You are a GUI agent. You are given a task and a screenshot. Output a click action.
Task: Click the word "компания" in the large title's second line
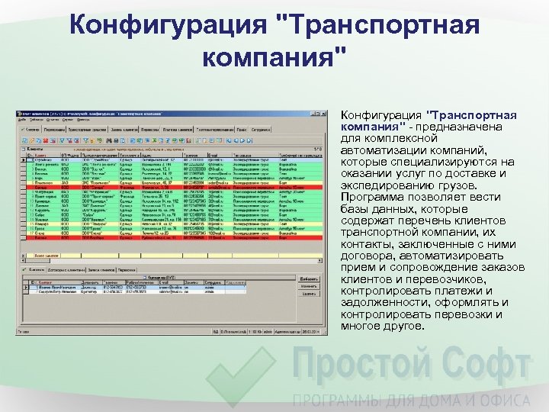click(x=268, y=56)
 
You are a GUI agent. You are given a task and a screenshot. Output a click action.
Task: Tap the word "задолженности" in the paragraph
click(x=384, y=302)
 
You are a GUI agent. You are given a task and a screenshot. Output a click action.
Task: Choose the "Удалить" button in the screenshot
click(x=310, y=293)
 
